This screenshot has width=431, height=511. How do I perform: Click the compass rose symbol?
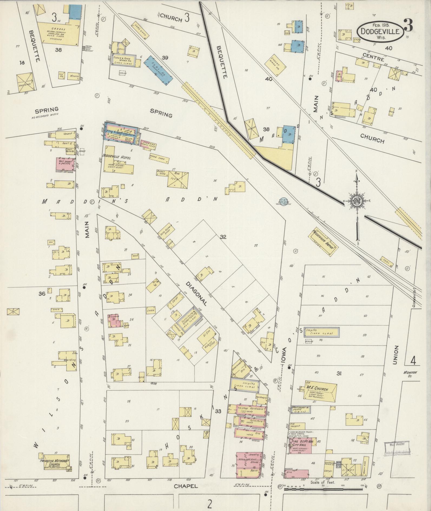pos(357,200)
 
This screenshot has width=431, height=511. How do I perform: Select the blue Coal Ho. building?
pos(159,70)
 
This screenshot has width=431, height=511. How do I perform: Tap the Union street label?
pos(396,355)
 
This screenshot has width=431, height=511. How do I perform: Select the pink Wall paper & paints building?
pos(65,164)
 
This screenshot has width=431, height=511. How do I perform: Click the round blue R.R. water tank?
pos(284,200)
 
